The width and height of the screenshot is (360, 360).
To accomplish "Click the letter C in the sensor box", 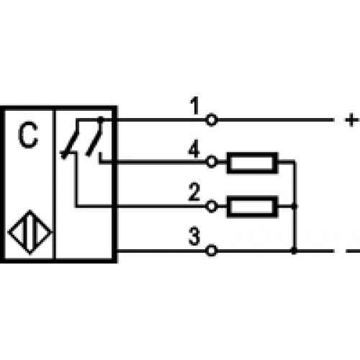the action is [x=28, y=135].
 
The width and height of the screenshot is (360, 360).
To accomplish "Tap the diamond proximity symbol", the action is [x=30, y=233].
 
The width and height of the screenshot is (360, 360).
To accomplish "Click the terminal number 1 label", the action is [x=195, y=105].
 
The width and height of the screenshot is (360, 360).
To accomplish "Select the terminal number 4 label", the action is [x=194, y=148].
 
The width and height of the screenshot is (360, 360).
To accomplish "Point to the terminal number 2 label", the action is [x=194, y=192].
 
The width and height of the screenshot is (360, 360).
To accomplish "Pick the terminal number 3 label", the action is [x=194, y=236].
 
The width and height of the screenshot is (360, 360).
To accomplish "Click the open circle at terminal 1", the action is [x=211, y=120].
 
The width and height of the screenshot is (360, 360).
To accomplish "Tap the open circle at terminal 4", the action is [x=211, y=162].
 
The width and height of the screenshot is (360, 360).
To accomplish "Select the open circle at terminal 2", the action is [x=211, y=207].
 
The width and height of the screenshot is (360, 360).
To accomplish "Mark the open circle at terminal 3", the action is [x=211, y=251].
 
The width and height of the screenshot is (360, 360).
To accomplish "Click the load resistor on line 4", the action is [x=253, y=162].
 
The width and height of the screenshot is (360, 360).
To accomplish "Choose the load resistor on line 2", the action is [x=253, y=207].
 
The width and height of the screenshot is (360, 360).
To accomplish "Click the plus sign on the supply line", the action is [x=351, y=120].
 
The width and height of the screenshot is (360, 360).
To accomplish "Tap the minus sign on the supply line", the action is [x=353, y=251].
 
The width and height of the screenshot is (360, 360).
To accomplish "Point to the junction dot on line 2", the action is [x=294, y=207].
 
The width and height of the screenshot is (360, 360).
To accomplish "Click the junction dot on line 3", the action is [x=294, y=251].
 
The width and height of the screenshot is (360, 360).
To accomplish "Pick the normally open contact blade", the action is [x=95, y=136].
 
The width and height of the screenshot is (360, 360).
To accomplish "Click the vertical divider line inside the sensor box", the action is [x=54, y=184].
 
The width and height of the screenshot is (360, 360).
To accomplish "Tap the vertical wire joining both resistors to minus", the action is [x=294, y=207].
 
